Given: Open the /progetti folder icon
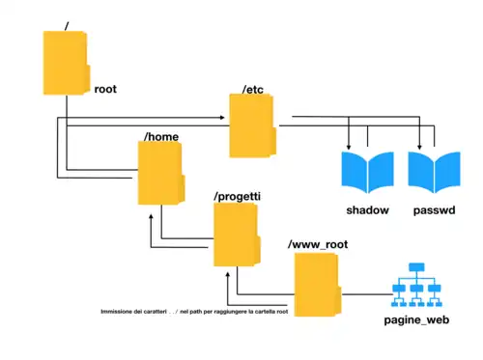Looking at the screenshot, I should tap(237, 235).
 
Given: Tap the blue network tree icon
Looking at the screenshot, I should tap(418, 286).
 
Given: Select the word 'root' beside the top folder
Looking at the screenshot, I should tap(105, 89).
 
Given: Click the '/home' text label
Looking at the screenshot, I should tap(160, 137).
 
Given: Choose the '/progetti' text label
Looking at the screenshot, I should tap(238, 196).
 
